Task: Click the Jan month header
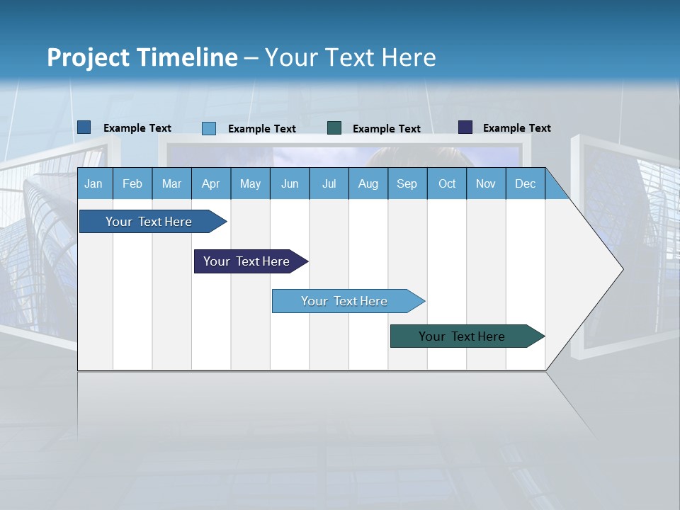pyautogui.click(x=93, y=183)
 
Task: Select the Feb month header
pyautogui.click(x=132, y=183)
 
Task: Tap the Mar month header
pyautogui.click(x=171, y=183)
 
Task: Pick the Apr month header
pyautogui.click(x=211, y=183)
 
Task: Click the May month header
pyautogui.click(x=250, y=183)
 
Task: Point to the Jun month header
pyautogui.click(x=290, y=183)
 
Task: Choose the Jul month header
pyautogui.click(x=329, y=183)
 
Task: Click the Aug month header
pyautogui.click(x=368, y=183)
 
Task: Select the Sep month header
pyautogui.click(x=407, y=183)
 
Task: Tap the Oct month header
pyautogui.click(x=447, y=183)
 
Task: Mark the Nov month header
pyautogui.click(x=486, y=183)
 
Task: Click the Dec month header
pyautogui.click(x=525, y=183)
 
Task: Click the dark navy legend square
pyautogui.click(x=465, y=127)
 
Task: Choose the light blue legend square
pyautogui.click(x=209, y=128)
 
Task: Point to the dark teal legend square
pyautogui.click(x=334, y=128)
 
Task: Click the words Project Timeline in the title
pyautogui.click(x=142, y=57)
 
